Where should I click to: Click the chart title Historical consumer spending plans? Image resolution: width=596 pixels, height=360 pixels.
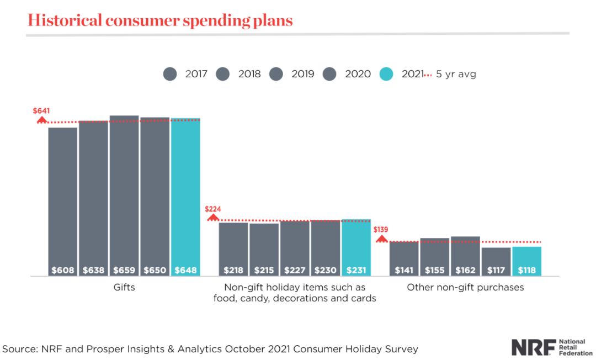coord(160,20)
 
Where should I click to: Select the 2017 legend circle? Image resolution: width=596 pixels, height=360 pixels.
coord(170,74)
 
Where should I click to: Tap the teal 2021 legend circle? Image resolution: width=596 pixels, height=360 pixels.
coord(387,74)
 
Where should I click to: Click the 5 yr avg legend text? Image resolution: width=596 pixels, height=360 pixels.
coord(456,74)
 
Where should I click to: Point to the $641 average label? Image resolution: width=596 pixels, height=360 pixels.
coord(41,111)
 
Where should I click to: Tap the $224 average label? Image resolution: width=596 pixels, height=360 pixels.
coord(212,209)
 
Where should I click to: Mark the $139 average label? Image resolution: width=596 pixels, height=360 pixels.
coord(381,230)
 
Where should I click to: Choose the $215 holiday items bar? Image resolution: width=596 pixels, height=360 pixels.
coord(264,249)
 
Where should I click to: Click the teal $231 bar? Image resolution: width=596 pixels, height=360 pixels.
coord(356,247)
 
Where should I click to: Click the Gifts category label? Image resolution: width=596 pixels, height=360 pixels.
coord(124,288)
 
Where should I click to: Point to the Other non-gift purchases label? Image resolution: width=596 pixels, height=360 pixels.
coord(465,288)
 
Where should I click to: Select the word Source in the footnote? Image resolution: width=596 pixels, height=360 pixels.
coord(20,349)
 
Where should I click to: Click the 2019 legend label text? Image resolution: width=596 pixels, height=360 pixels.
coord(303,74)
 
